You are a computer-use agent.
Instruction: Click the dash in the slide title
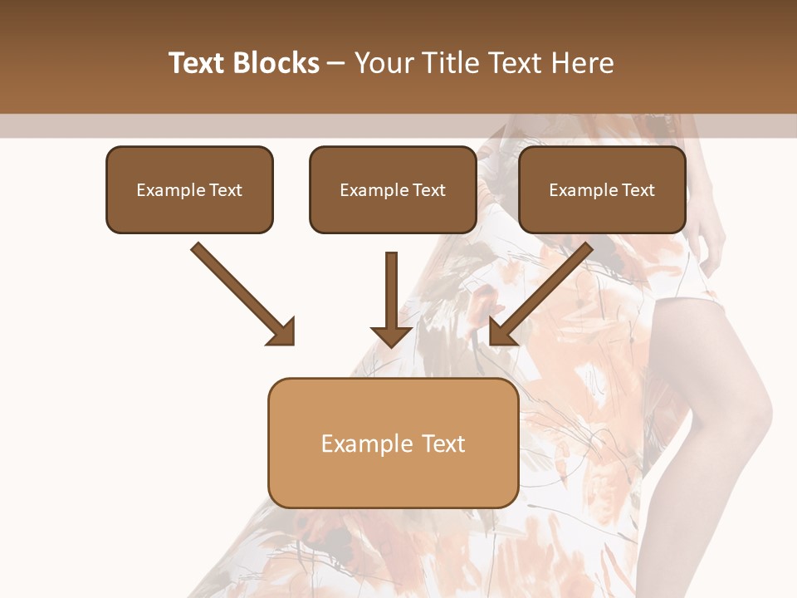[336, 64]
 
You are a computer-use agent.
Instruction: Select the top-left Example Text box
[189, 190]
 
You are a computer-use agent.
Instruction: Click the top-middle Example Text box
[393, 190]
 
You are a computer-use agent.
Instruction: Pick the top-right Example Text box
[602, 190]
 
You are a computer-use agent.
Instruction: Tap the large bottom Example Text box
[393, 443]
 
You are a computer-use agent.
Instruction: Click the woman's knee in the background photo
[747, 415]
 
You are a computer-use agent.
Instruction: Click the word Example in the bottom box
[356, 444]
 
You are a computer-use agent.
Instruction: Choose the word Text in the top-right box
[638, 190]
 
